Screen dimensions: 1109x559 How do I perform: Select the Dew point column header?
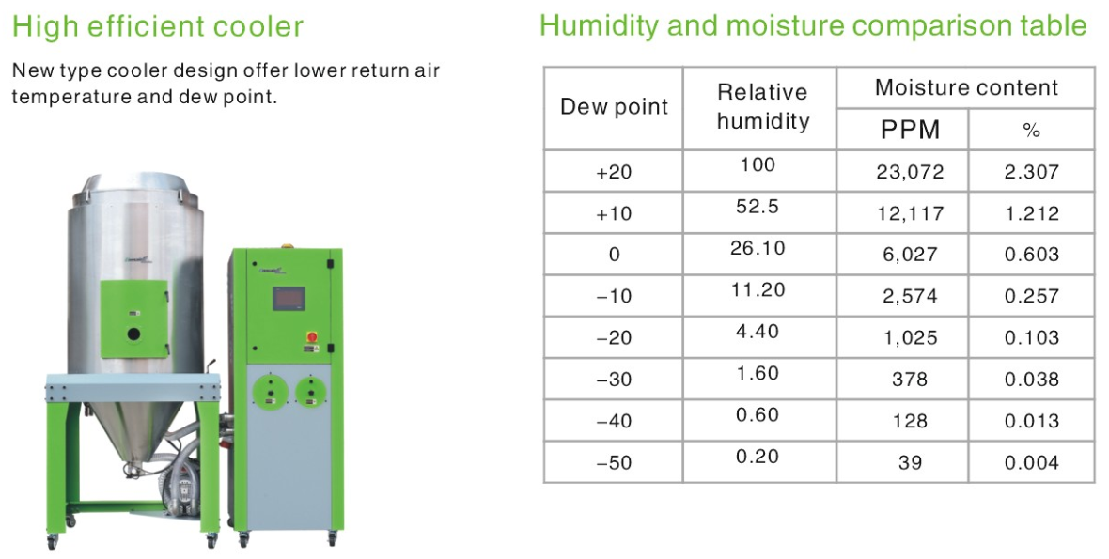coord(614,107)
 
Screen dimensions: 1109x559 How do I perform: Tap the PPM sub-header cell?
coord(910,130)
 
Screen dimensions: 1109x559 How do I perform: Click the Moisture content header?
coord(966,87)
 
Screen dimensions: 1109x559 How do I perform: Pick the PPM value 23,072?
coord(910,172)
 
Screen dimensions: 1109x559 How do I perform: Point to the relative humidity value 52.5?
coord(758,206)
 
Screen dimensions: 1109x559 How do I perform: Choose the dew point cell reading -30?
coord(614,380)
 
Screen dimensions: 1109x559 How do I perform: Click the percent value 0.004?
coord(1032,463)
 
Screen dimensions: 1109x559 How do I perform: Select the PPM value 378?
coord(910,380)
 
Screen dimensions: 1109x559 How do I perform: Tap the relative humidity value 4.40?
coord(758,331)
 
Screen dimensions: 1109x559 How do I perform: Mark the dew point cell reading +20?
coord(614,172)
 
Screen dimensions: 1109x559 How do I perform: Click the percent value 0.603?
coord(1032,255)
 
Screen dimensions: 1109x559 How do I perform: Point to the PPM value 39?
coord(910,463)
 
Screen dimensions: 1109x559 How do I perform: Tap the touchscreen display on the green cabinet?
coord(288,299)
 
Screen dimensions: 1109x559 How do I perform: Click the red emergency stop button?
coord(310,335)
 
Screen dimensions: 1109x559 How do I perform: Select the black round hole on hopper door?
coord(133,334)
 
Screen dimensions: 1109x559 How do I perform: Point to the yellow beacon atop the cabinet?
coord(287,247)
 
